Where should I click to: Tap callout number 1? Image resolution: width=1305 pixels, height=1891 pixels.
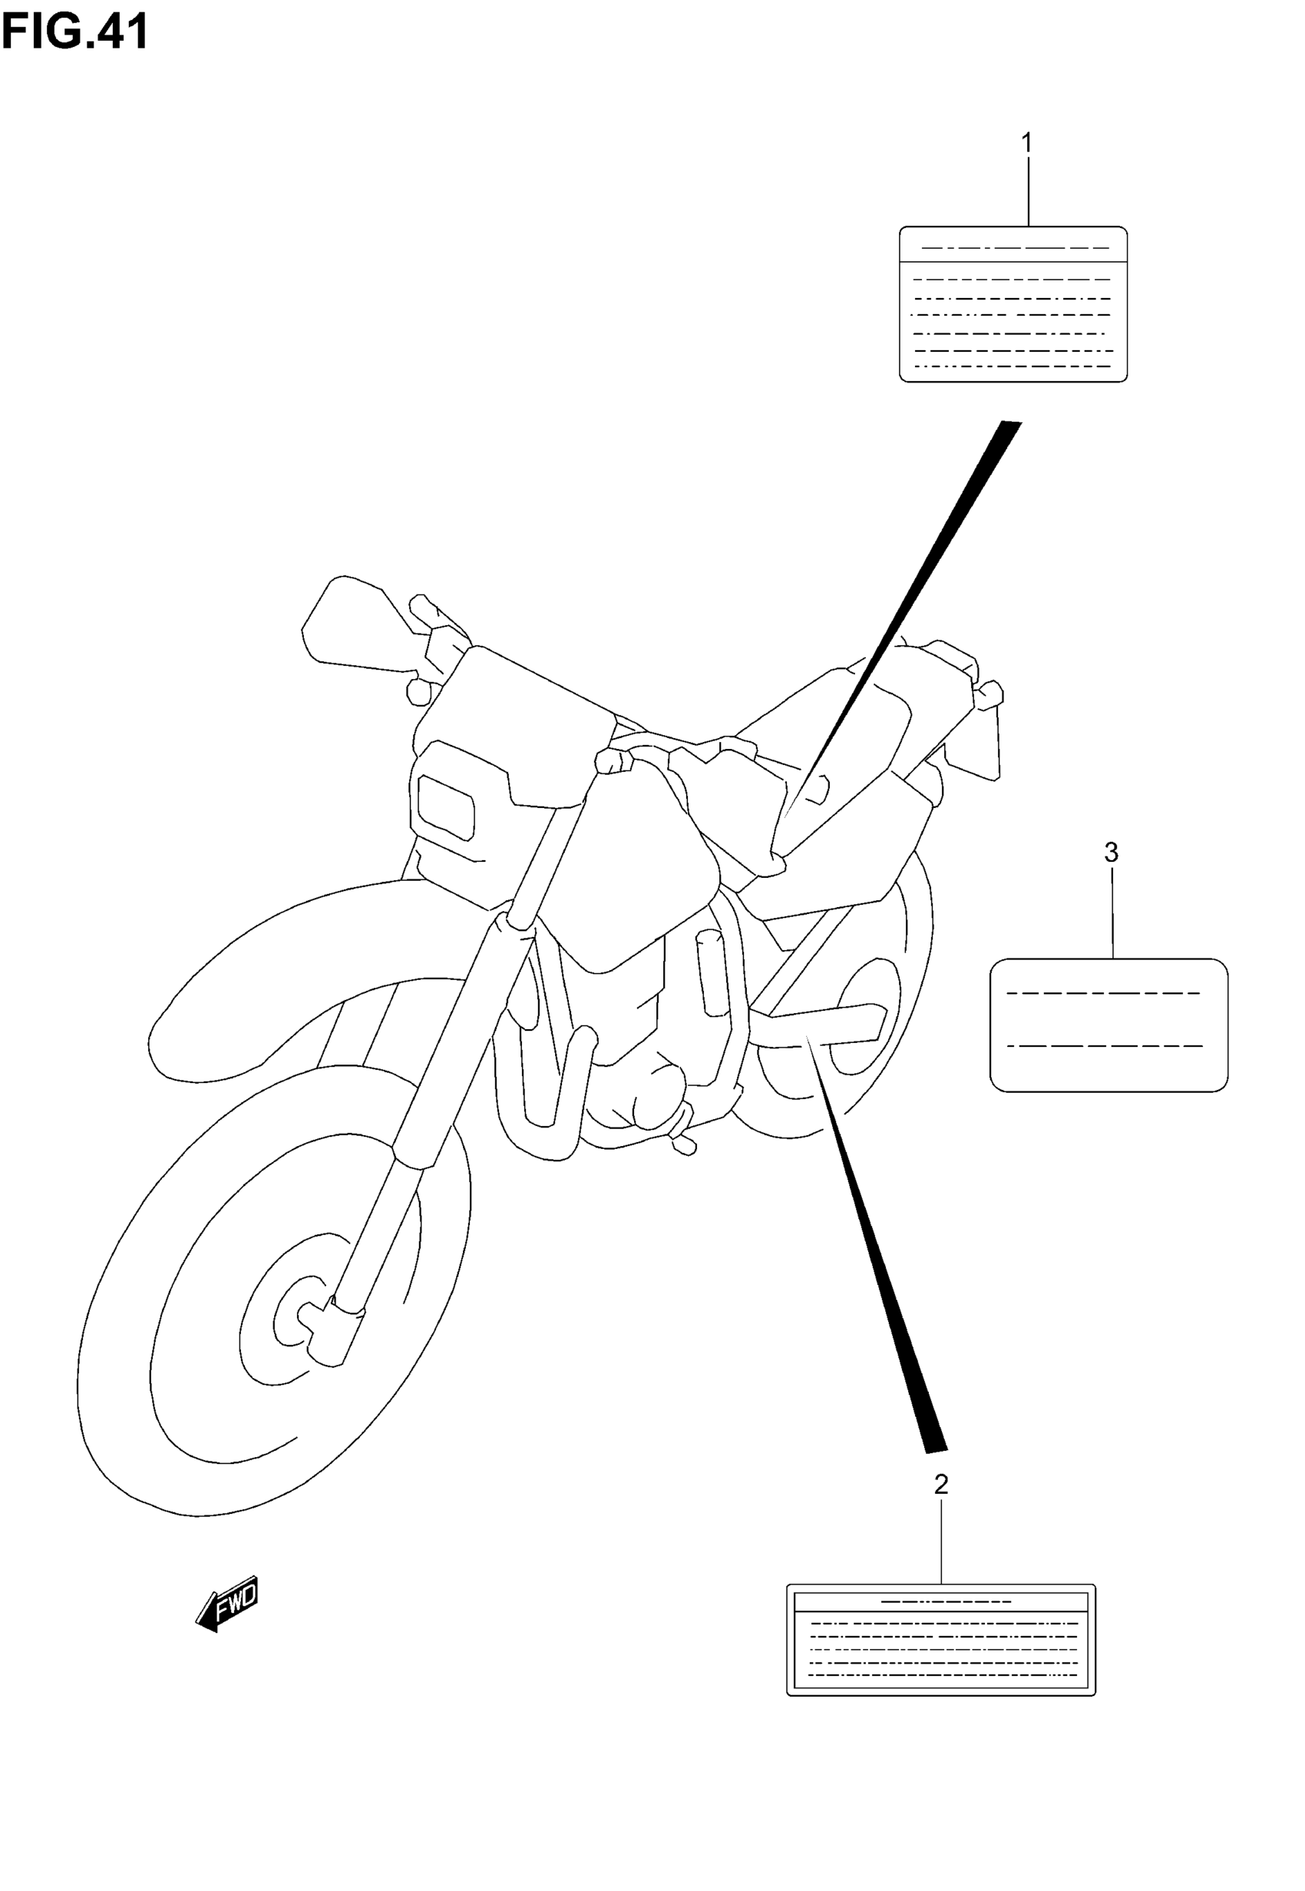coord(1027,143)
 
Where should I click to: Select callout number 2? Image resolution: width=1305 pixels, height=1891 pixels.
coord(941,1485)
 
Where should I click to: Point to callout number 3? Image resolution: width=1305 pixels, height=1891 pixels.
coord(1112,853)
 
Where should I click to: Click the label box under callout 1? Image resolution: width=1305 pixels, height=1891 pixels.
coord(1013,304)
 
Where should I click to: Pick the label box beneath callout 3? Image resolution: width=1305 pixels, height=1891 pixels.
coord(1108,1025)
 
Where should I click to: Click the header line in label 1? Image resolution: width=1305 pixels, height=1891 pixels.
coord(1014,248)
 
